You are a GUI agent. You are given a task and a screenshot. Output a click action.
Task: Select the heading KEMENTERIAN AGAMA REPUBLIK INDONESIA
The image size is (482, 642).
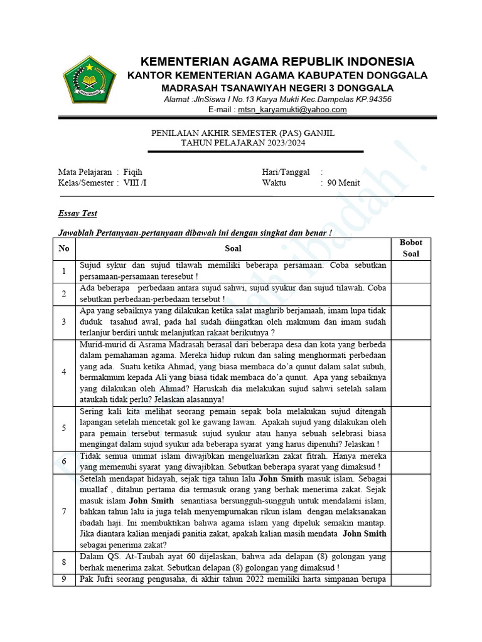point(277,61)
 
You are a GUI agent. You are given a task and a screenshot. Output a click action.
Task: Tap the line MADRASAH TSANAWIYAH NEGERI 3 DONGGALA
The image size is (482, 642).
point(277,88)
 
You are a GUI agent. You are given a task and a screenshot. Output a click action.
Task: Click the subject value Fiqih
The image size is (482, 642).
point(133,172)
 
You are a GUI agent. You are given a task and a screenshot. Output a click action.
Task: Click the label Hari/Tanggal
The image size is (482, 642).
point(286,172)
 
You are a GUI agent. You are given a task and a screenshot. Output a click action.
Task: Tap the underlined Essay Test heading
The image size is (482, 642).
point(77,214)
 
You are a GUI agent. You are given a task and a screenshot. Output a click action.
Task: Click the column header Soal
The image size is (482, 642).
point(233,249)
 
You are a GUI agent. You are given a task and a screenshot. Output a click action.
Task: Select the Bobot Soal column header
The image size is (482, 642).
point(411,248)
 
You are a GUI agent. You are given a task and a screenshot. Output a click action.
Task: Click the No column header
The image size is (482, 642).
point(64,249)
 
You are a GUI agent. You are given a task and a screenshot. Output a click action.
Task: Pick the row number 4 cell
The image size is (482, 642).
point(64,372)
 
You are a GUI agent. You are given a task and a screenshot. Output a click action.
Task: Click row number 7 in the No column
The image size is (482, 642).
point(64,512)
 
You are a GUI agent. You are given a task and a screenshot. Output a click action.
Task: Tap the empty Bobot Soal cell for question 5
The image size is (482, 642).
point(411,428)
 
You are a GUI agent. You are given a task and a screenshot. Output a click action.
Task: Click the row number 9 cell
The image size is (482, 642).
point(64,579)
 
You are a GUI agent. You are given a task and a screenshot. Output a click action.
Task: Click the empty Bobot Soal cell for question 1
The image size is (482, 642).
point(411,271)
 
